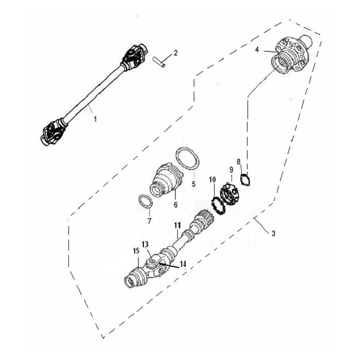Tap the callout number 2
click(x=176, y=52)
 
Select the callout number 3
click(x=273, y=233)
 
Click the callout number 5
click(x=194, y=183)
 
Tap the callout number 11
click(x=177, y=225)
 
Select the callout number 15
click(x=136, y=250)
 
